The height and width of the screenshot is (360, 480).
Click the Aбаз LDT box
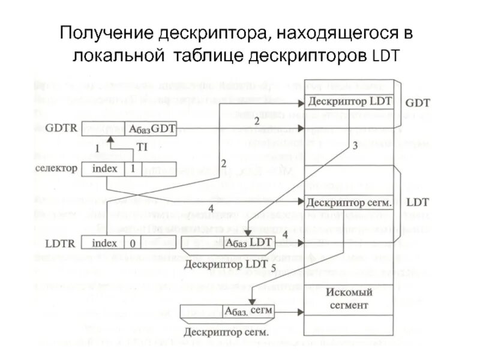[x=248, y=242]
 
